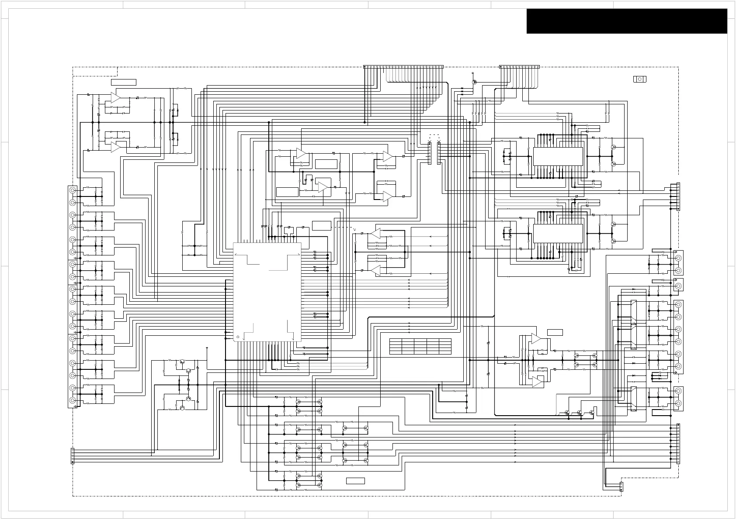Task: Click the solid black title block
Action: tap(627, 21)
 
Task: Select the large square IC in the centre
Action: tap(267, 292)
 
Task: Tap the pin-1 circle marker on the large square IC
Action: tap(238, 337)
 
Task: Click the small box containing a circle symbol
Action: tap(639, 79)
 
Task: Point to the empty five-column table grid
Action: tap(420, 346)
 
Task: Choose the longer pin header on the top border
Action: tap(403, 67)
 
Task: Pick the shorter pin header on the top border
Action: tap(519, 67)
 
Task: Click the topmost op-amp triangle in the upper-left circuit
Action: tap(115, 97)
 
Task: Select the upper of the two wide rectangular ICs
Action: tap(558, 156)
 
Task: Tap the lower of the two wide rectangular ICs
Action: tap(558, 233)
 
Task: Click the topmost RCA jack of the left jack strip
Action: tap(73, 190)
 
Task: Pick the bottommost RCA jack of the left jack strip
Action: tap(73, 400)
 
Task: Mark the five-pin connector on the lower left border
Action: tap(73, 456)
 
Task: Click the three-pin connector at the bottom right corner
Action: tap(621, 486)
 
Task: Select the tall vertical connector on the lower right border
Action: tap(678, 444)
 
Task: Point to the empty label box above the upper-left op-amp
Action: tap(123, 82)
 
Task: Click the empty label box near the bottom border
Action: tap(355, 481)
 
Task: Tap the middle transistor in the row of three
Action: tap(580, 413)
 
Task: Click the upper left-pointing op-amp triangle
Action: tap(375, 234)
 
